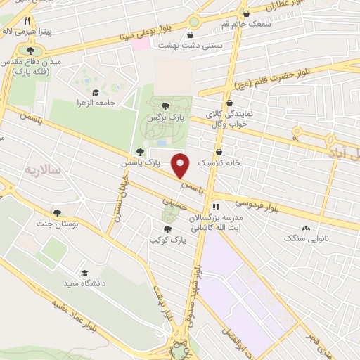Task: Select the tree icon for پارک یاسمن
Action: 141,151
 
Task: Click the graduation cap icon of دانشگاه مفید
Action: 84,271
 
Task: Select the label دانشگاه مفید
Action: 84,283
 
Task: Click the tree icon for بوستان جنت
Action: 57,212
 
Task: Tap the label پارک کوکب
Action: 165,240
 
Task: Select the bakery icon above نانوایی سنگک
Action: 306,229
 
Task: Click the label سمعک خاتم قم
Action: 246,25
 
